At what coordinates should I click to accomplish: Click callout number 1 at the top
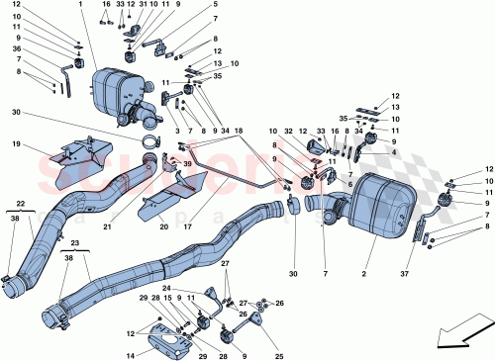[x=80, y=5]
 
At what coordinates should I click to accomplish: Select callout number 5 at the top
[x=215, y=5]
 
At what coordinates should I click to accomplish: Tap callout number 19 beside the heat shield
[x=17, y=144]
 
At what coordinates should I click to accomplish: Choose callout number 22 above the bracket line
[x=19, y=203]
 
